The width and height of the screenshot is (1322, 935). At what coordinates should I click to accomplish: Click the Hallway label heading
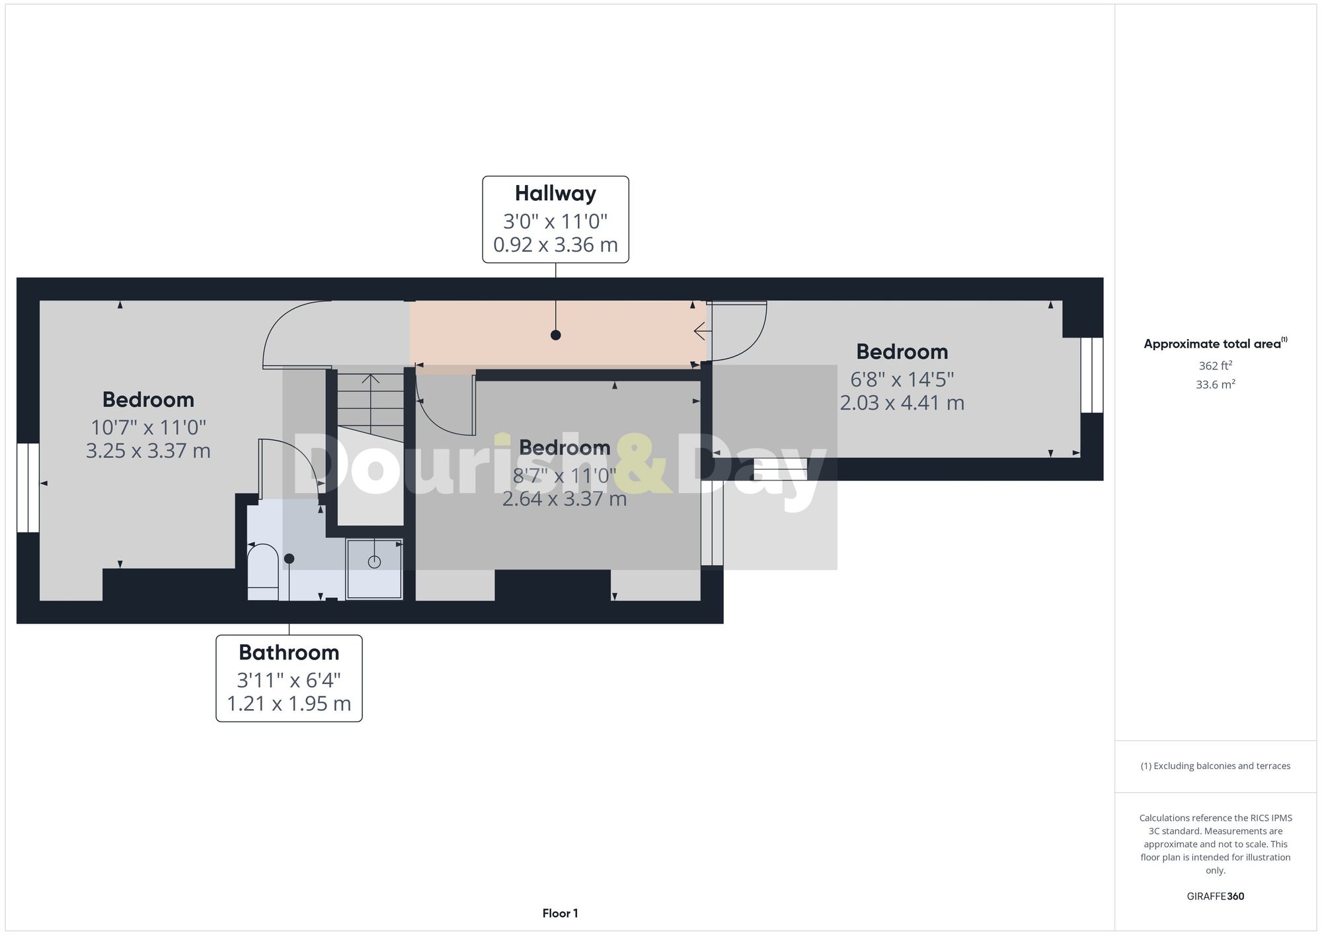click(x=555, y=194)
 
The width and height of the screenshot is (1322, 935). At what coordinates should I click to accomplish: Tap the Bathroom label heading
click(x=289, y=653)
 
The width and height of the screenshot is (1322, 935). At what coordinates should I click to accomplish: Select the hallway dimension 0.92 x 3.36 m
click(x=555, y=245)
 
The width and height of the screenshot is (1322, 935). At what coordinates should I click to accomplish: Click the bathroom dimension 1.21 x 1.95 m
click(x=289, y=704)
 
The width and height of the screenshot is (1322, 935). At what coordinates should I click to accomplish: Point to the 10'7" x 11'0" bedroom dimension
click(x=148, y=427)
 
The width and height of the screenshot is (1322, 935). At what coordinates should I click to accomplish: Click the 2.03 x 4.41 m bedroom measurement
click(x=902, y=402)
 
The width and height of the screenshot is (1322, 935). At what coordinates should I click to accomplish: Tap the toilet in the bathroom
click(x=262, y=568)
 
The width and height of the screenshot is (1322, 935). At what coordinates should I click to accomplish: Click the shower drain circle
click(x=374, y=562)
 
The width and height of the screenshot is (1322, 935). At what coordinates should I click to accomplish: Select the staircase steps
click(x=370, y=406)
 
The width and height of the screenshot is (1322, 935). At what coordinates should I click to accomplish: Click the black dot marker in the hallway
click(x=555, y=335)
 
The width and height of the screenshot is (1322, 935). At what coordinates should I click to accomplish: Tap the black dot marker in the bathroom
click(x=289, y=558)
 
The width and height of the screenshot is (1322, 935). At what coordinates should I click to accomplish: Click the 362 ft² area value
click(x=1215, y=365)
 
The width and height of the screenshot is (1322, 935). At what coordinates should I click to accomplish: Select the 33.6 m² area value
click(x=1215, y=384)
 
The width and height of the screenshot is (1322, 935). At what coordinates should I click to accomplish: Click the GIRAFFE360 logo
click(x=1215, y=897)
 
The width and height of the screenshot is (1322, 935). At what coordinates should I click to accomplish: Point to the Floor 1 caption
click(x=560, y=914)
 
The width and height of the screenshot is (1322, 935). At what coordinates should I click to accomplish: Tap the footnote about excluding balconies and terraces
click(x=1215, y=766)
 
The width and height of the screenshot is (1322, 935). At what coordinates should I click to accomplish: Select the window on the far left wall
click(x=28, y=487)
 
